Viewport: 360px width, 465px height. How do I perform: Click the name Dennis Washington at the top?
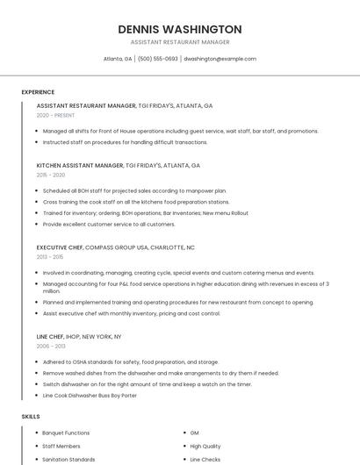coord(180,29)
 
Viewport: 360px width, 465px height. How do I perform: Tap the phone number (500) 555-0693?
coord(158,59)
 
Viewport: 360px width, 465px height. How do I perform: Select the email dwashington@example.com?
coord(220,59)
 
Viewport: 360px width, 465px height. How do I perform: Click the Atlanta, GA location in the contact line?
coord(118,59)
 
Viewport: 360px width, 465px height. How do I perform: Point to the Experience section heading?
coord(38,92)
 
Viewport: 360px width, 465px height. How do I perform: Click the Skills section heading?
coord(30,416)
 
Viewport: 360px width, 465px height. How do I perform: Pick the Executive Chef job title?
coord(64,247)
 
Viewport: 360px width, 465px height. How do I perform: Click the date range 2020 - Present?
coord(55,115)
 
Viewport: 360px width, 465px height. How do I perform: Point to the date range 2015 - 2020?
coord(51,175)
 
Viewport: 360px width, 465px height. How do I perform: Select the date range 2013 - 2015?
coord(50,257)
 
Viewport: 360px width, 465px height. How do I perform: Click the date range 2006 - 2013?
coord(50,346)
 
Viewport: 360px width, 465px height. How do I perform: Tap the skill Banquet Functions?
coord(66,433)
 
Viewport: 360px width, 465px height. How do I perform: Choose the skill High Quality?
coord(205,446)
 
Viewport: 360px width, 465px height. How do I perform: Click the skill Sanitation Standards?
coord(68,459)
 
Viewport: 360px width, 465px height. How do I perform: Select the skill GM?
coord(194,433)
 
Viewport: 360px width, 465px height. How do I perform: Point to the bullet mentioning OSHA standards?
coord(131,361)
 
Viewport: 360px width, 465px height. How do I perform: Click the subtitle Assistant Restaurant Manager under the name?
coord(180,41)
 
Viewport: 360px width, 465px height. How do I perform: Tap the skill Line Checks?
coord(205,459)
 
